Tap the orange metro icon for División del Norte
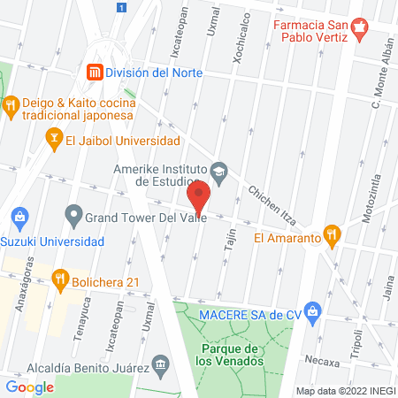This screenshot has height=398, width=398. click(94, 73)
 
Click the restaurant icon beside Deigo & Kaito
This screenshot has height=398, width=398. click(11, 103)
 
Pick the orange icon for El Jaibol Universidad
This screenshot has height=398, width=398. click(53, 141)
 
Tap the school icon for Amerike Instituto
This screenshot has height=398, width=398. click(220, 170)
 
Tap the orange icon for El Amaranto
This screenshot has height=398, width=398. click(332, 235)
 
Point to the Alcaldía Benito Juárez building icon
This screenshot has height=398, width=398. click(160, 364)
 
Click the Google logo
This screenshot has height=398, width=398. click(30, 387)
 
